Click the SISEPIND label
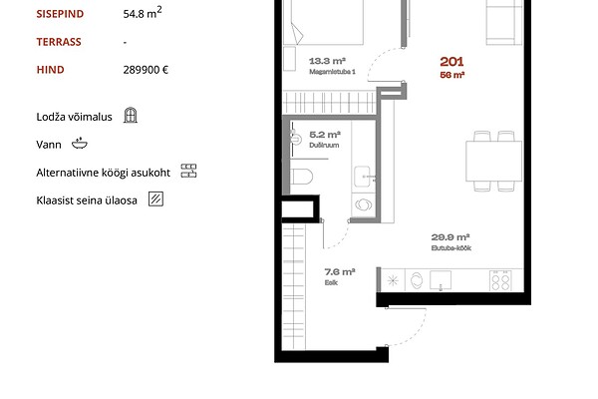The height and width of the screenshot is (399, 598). click(x=60, y=14)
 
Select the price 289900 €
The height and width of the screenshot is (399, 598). click(x=146, y=70)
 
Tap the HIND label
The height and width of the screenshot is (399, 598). click(x=51, y=70)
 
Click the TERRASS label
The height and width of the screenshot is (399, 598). click(x=59, y=42)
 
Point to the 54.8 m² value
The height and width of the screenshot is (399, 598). click(x=143, y=13)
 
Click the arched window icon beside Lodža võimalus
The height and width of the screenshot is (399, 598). click(x=131, y=115)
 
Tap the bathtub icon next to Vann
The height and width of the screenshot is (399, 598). click(x=80, y=144)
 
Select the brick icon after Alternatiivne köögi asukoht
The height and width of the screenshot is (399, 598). click(x=188, y=171)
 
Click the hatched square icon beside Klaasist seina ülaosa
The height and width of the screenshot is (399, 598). click(x=156, y=199)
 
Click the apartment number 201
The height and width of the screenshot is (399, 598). click(x=451, y=62)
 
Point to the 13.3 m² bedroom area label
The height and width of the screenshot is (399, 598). click(x=327, y=61)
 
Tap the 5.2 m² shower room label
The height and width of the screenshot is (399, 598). click(x=325, y=135)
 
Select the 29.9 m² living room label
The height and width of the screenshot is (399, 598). click(x=450, y=237)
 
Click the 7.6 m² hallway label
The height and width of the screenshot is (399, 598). click(x=340, y=272)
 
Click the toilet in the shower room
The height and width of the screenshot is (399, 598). click(x=301, y=177)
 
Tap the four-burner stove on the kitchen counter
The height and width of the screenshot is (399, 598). click(x=500, y=280)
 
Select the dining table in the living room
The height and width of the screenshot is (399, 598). click(x=494, y=161)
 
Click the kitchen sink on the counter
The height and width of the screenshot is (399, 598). click(x=441, y=280)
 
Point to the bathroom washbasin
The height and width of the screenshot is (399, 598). click(x=363, y=177)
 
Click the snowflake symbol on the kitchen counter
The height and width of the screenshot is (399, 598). click(x=393, y=281)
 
